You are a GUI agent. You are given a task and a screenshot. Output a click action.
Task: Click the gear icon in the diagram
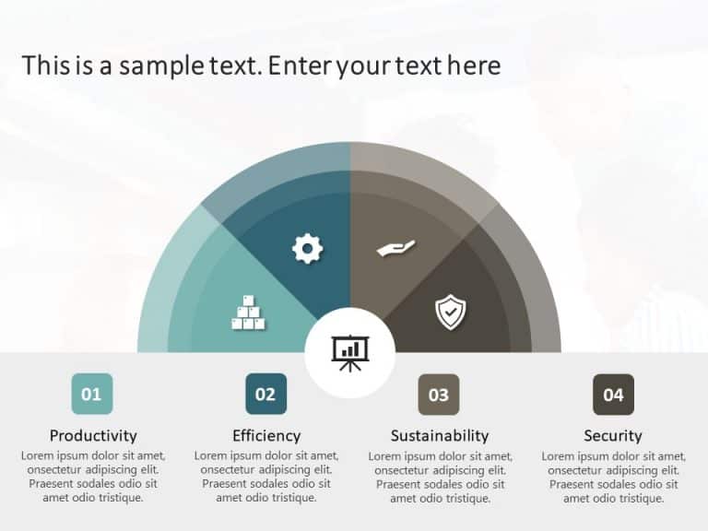click(x=308, y=248)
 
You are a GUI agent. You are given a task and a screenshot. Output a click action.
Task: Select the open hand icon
click(x=396, y=248)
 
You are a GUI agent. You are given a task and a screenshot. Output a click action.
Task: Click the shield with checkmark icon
click(x=450, y=312)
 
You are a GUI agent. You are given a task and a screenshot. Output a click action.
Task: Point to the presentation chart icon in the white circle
click(x=349, y=353)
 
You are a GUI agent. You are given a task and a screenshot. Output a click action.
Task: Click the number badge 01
click(x=91, y=395)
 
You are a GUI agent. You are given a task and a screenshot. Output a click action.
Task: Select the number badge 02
click(x=265, y=395)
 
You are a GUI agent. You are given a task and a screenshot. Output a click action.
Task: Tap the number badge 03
click(x=439, y=395)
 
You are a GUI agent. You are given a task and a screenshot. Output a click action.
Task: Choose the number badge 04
click(x=613, y=395)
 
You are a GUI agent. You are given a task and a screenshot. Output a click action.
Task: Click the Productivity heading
click(x=93, y=435)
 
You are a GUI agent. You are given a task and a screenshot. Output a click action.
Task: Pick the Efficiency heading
click(x=266, y=435)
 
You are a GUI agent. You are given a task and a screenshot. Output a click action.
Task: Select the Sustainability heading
click(x=440, y=435)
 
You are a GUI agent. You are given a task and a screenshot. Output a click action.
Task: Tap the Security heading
click(x=613, y=435)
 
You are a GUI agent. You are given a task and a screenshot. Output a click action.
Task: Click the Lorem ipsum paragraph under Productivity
click(x=93, y=477)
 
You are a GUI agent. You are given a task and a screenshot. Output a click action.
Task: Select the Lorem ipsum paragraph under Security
click(x=613, y=477)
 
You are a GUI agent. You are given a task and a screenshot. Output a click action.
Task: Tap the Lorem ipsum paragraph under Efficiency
click(x=266, y=477)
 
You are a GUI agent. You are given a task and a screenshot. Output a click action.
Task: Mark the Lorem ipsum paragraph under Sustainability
click(x=440, y=477)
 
